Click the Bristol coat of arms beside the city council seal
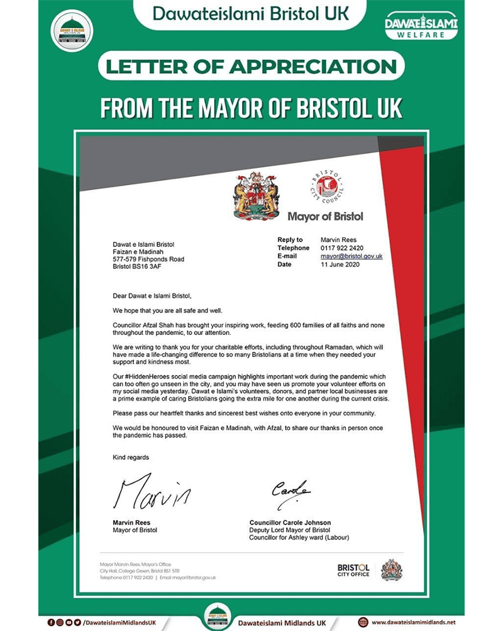257,195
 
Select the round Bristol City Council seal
327,187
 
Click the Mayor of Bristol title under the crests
325,217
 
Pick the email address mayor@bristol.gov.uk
351,256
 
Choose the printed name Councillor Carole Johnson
290,523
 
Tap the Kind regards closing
131,457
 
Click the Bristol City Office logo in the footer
353,569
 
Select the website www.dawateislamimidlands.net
412,622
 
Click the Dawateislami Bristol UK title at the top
251,13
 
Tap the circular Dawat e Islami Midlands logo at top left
73,30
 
